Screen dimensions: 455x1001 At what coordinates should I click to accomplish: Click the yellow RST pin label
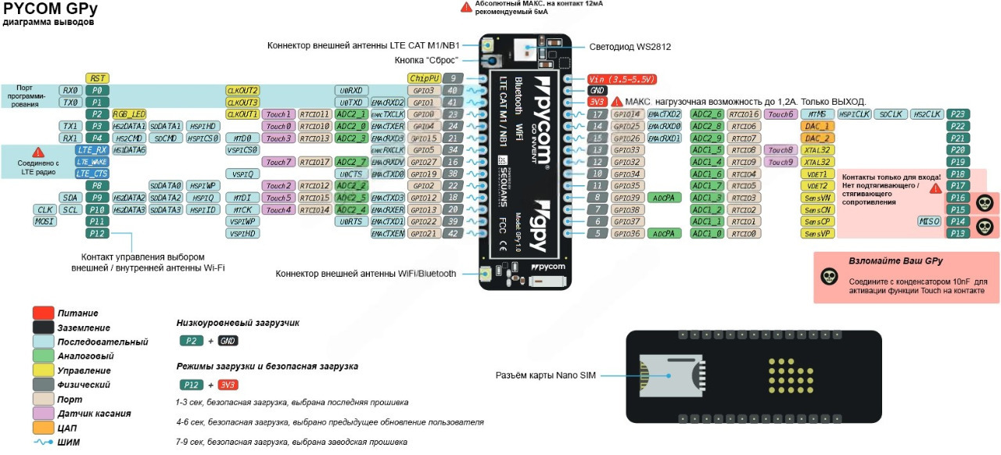point(96,78)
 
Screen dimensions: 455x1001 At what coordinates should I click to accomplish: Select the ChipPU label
point(423,78)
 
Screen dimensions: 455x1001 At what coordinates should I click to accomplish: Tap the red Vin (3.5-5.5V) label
point(622,79)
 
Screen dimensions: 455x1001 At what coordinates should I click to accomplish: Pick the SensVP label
point(818,233)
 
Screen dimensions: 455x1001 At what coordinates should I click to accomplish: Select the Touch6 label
point(780,114)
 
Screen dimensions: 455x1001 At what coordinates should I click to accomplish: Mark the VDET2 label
point(818,186)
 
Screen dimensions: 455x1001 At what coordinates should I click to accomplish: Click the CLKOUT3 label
point(242,102)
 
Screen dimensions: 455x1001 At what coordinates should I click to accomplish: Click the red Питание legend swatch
point(43,313)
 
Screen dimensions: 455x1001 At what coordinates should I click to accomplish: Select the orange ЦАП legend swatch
point(43,428)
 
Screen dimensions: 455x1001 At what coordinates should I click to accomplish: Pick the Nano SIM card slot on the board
point(665,375)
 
